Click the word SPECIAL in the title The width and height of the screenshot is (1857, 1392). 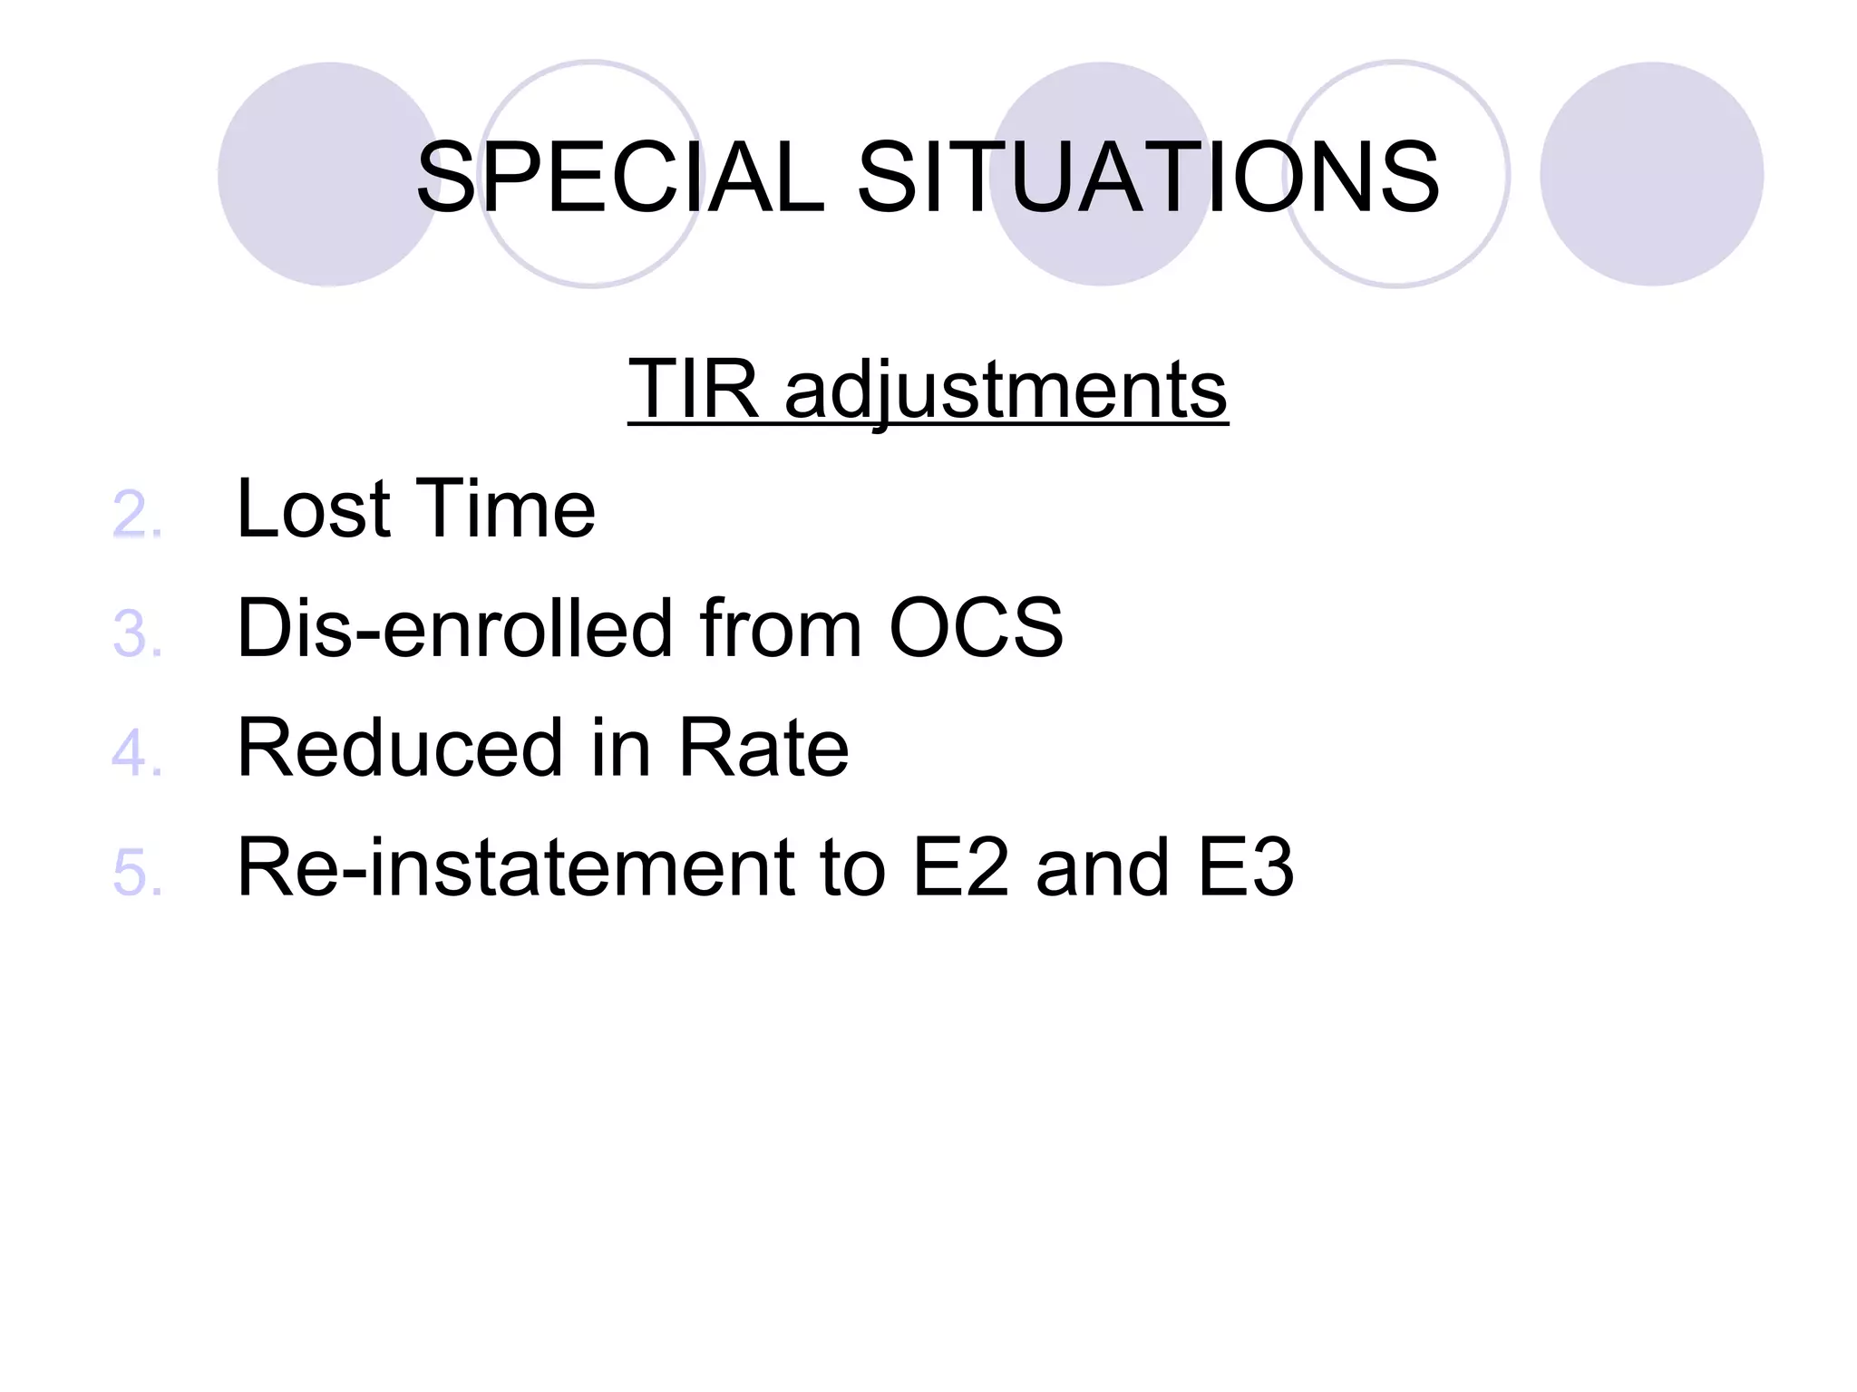pyautogui.click(x=620, y=178)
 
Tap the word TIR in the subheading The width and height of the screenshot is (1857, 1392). pyautogui.click(x=694, y=389)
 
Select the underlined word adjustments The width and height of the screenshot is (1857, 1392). pyautogui.click(x=1006, y=391)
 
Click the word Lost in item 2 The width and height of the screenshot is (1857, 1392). pyautogui.click(x=313, y=509)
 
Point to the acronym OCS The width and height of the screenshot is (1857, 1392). pyautogui.click(x=976, y=628)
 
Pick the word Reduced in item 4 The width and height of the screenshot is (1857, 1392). pyautogui.click(x=399, y=748)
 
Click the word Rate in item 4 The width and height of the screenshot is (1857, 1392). pyautogui.click(x=763, y=748)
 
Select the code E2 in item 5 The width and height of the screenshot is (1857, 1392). pyautogui.click(x=960, y=868)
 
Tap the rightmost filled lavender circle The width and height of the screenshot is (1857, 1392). pyautogui.click(x=1651, y=174)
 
